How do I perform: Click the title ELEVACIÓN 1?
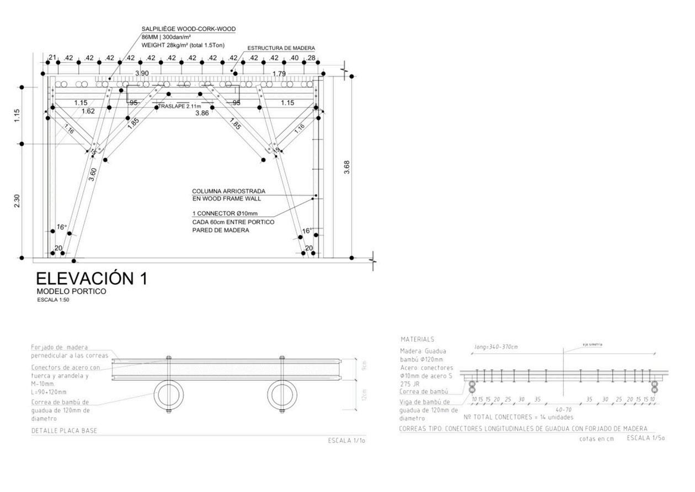tap(92, 278)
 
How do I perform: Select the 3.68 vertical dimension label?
tap(346, 167)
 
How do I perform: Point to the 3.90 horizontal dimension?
tap(142, 73)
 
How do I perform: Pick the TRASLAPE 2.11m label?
tap(179, 106)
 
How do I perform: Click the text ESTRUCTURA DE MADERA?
tap(281, 48)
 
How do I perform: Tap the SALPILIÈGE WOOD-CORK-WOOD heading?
tap(189, 29)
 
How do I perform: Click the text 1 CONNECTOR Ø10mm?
tap(224, 214)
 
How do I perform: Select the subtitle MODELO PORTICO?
tap(71, 291)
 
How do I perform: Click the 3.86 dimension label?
tap(202, 113)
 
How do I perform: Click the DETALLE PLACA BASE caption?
tap(64, 431)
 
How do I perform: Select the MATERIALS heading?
tap(418, 339)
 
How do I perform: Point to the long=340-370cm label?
tap(496, 347)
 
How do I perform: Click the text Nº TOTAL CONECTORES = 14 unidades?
tap(518, 417)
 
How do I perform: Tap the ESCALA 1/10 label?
tap(347, 440)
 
